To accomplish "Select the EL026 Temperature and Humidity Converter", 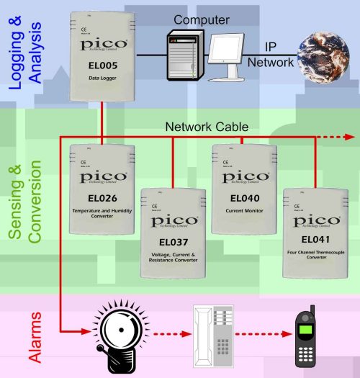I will (x=103, y=189).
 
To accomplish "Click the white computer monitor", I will (x=228, y=58).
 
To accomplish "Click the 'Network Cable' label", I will (x=207, y=127).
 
